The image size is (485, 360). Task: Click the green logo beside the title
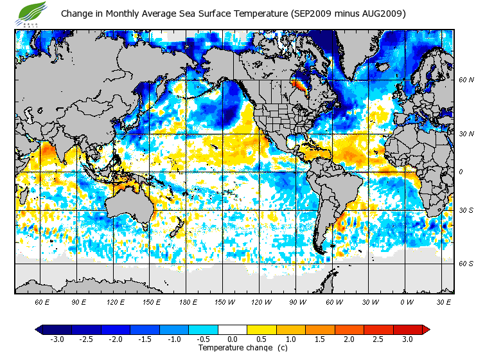pyautogui.click(x=32, y=12)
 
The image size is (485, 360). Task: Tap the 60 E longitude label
pyautogui.click(x=42, y=301)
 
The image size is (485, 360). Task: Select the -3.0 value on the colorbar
pyautogui.click(x=57, y=339)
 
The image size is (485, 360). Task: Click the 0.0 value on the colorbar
pyautogui.click(x=233, y=339)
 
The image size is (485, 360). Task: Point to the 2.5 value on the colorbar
pyautogui.click(x=378, y=339)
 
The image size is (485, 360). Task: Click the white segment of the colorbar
pyautogui.click(x=233, y=329)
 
